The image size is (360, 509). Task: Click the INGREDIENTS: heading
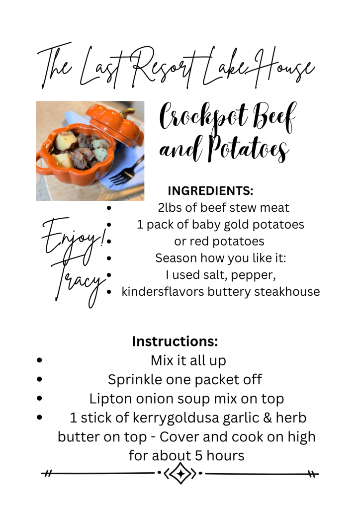(x=210, y=191)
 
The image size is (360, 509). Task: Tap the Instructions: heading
(x=175, y=341)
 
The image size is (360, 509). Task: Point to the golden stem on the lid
(x=127, y=112)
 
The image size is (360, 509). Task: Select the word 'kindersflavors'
(x=163, y=291)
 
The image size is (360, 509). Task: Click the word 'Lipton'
(x=111, y=399)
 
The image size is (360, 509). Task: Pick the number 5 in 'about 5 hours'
(x=199, y=456)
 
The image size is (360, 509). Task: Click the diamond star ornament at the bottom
(x=180, y=473)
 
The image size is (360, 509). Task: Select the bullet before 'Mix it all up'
(x=40, y=360)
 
